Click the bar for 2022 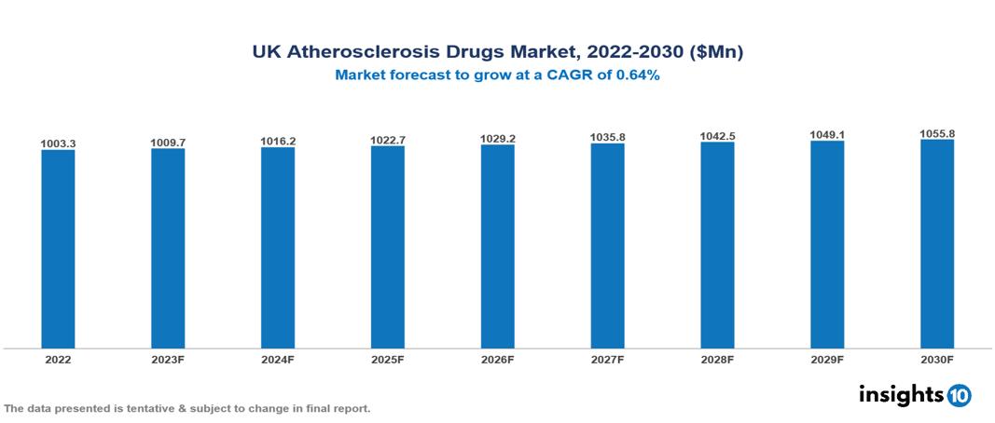(58, 249)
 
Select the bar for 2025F (387, 247)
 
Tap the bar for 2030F (937, 244)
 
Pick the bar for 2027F (607, 246)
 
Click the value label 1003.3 (58, 144)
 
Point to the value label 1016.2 (278, 142)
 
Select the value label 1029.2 (498, 139)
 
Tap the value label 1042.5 (717, 136)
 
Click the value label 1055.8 (937, 134)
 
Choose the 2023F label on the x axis (168, 359)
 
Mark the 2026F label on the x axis (498, 359)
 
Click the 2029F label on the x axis (827, 359)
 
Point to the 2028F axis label (717, 359)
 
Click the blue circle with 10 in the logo (960, 395)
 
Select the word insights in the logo (901, 394)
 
